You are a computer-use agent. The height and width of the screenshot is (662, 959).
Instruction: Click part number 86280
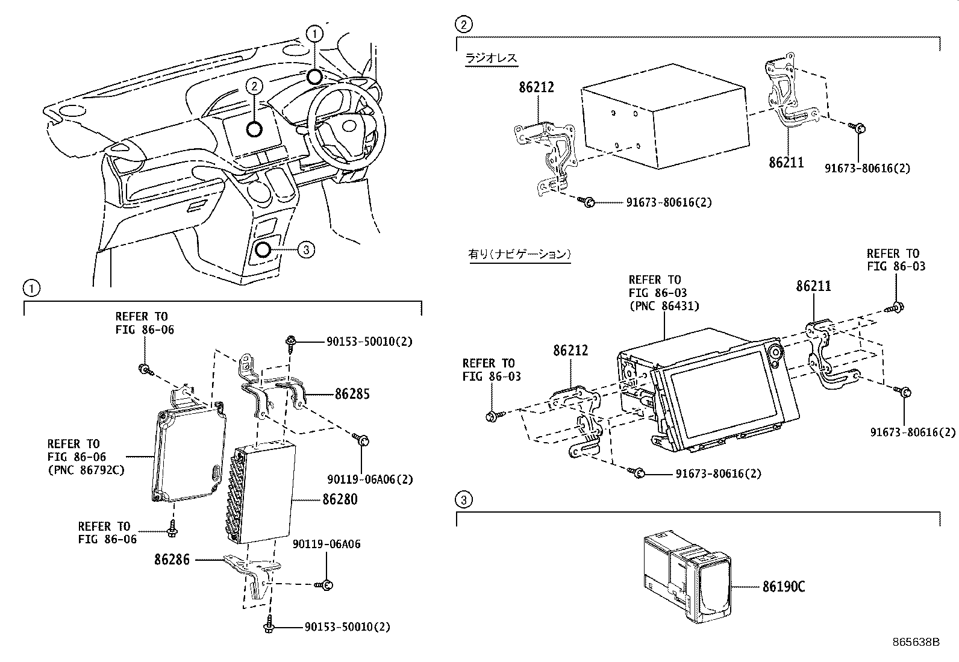[x=340, y=499]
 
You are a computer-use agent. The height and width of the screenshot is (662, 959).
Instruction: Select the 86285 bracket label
[x=352, y=395]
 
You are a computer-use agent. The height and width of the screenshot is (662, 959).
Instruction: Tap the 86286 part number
[x=172, y=560]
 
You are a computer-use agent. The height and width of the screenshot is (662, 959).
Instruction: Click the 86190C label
[x=783, y=586]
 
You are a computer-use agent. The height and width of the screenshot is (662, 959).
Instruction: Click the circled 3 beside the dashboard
[x=306, y=249]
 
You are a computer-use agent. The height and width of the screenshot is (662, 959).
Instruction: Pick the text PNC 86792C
[x=86, y=470]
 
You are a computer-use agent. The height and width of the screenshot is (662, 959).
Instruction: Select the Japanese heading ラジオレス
[x=491, y=58]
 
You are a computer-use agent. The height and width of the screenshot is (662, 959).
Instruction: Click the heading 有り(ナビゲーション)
[x=519, y=254]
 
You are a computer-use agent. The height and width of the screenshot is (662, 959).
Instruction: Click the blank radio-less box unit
[x=663, y=126]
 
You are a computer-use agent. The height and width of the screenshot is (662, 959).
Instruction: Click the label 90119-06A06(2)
[x=370, y=479]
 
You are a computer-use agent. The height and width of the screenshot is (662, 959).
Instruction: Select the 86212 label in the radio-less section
[x=536, y=88]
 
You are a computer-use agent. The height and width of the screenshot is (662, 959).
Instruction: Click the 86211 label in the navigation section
[x=813, y=286]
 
